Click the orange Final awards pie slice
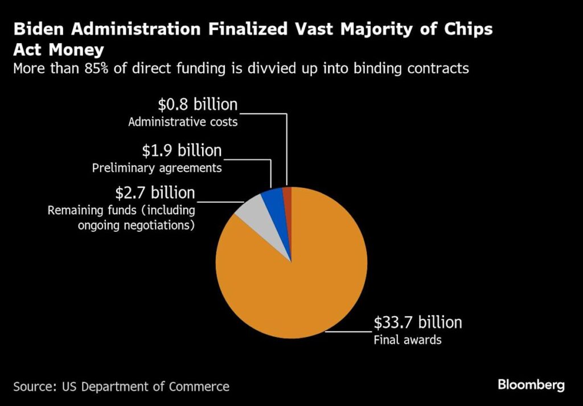[296, 285]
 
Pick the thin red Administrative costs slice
[288, 196]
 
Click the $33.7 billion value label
[417, 323]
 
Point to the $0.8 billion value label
[198, 104]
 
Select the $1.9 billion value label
[182, 150]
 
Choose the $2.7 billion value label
[155, 192]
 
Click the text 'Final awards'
[408, 341]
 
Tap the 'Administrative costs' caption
[183, 122]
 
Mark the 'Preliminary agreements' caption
[157, 168]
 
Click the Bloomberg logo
[531, 385]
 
